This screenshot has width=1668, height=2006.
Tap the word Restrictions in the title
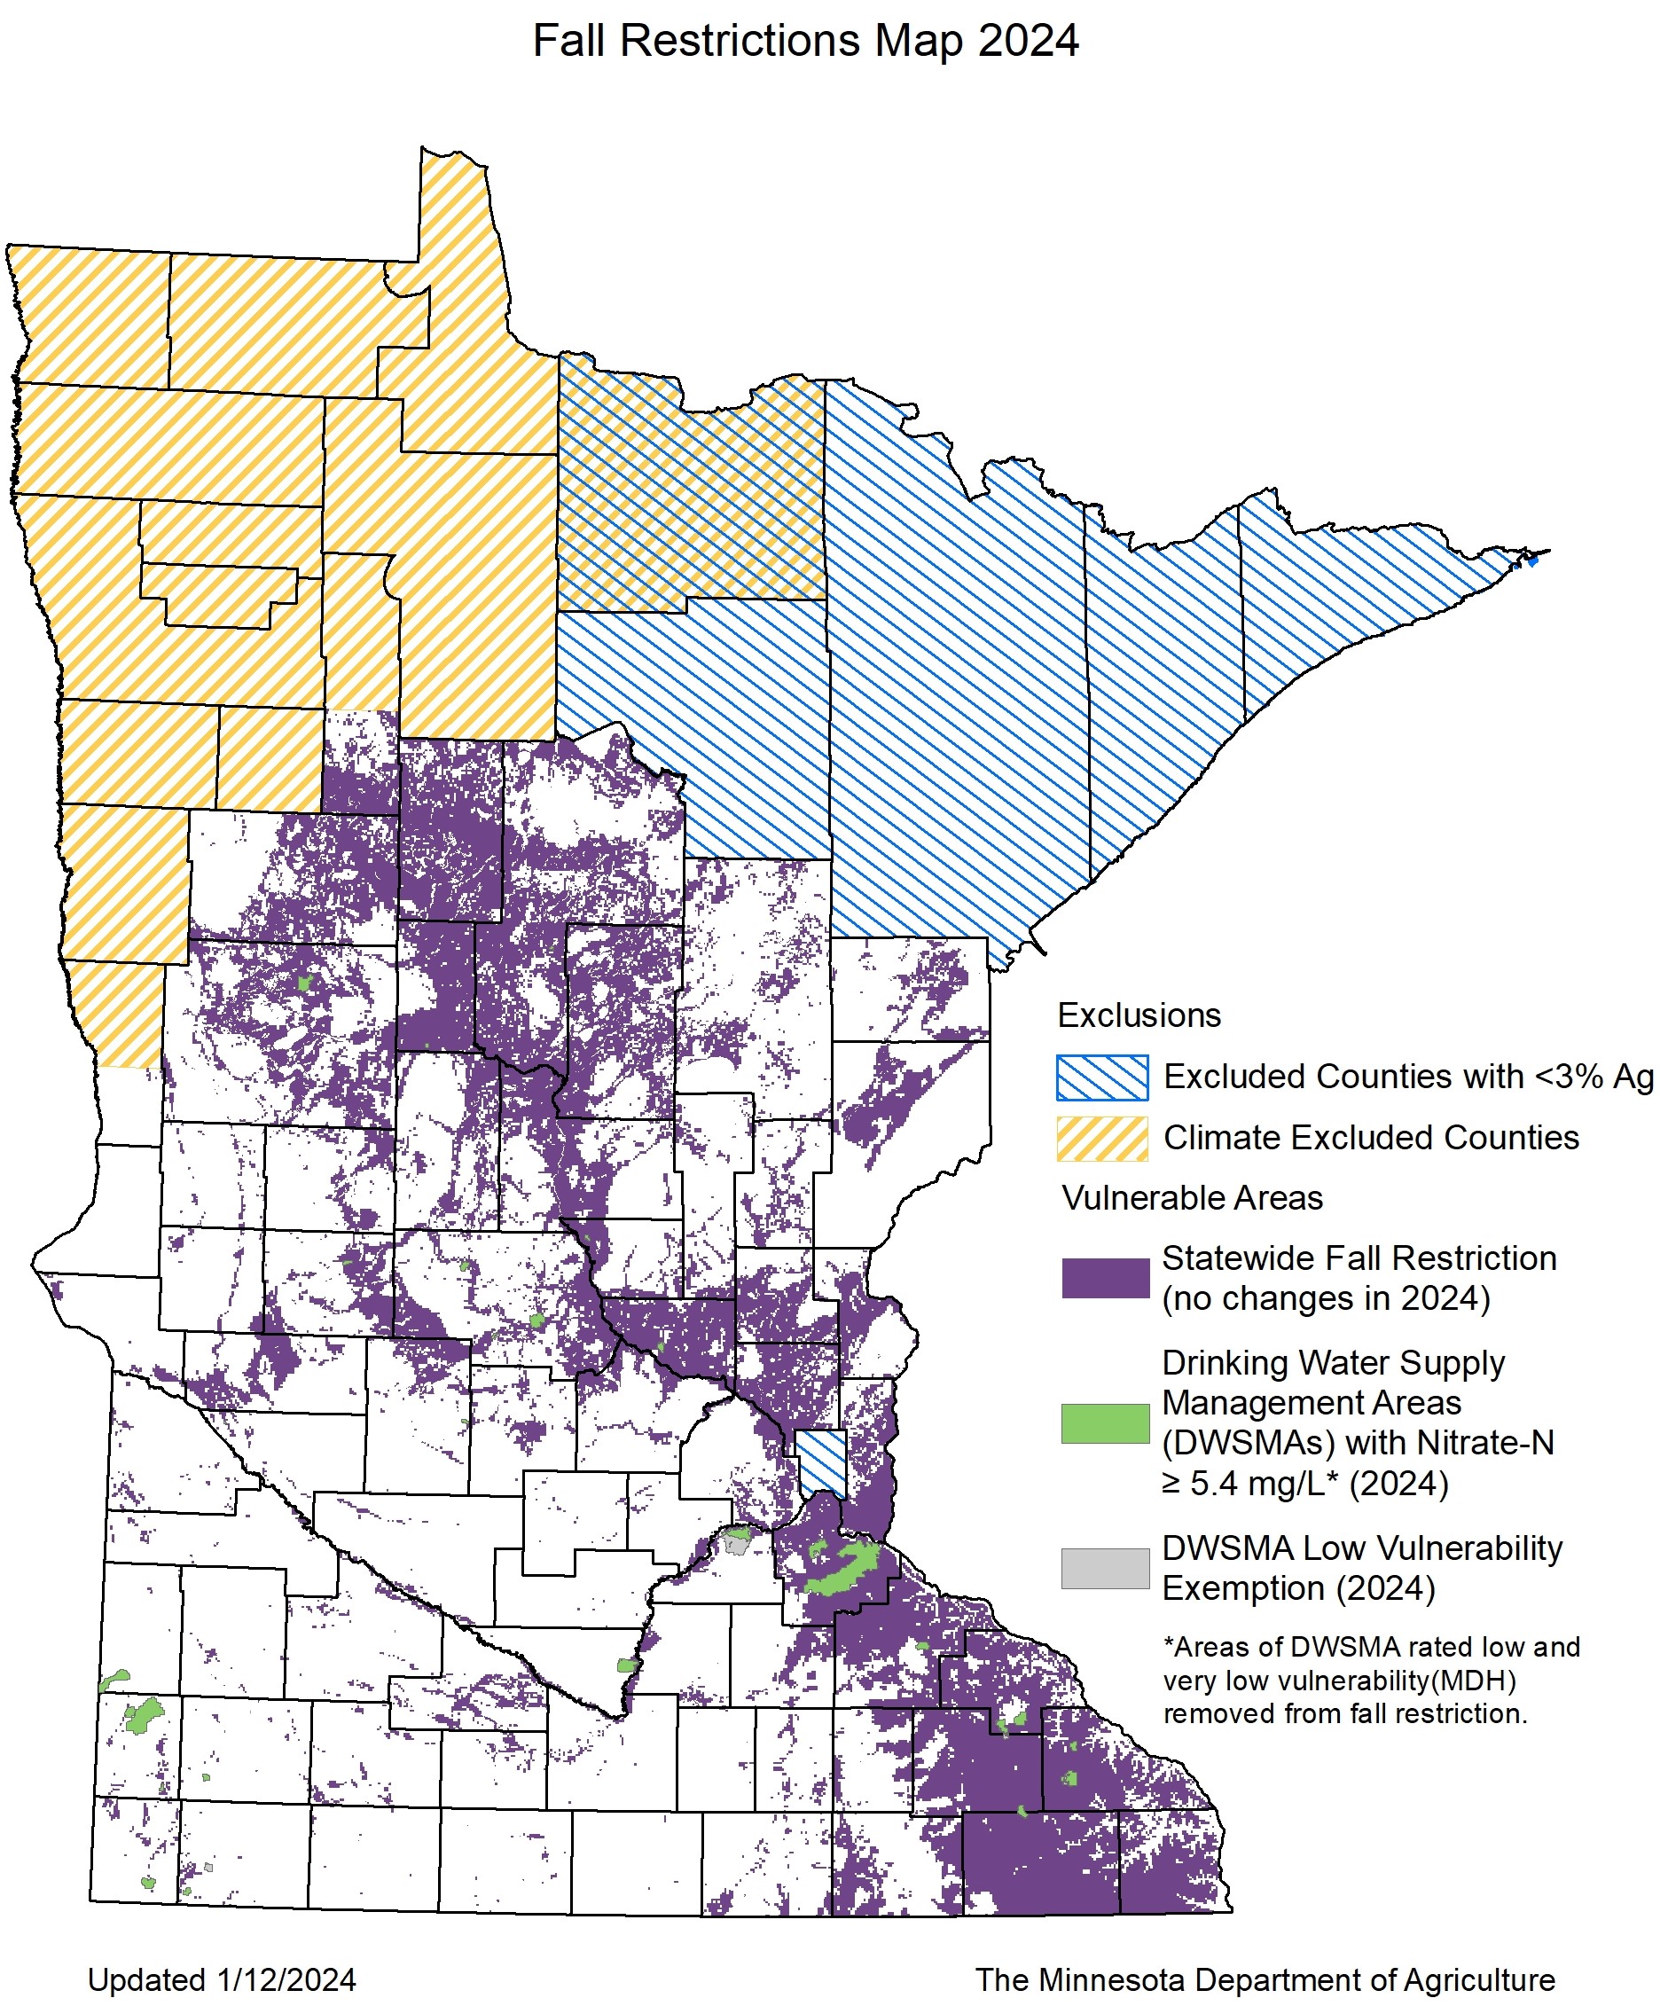[x=740, y=41]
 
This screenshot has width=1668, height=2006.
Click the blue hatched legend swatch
[x=1101, y=1077]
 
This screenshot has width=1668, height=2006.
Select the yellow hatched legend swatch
[x=1101, y=1139]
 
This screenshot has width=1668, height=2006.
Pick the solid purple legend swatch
[x=1105, y=1278]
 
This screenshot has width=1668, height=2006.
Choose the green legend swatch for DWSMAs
[x=1105, y=1423]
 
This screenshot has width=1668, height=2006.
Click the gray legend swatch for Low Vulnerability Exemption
[x=1105, y=1569]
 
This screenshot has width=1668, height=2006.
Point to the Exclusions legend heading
[x=1139, y=1015]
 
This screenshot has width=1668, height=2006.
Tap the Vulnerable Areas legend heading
[x=1192, y=1198]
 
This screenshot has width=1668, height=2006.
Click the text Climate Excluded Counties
[x=1371, y=1138]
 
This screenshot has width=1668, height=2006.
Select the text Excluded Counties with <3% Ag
[x=1408, y=1077]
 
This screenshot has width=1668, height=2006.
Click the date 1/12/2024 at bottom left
[x=286, y=1980]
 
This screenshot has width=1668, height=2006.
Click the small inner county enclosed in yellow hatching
[x=218, y=595]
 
